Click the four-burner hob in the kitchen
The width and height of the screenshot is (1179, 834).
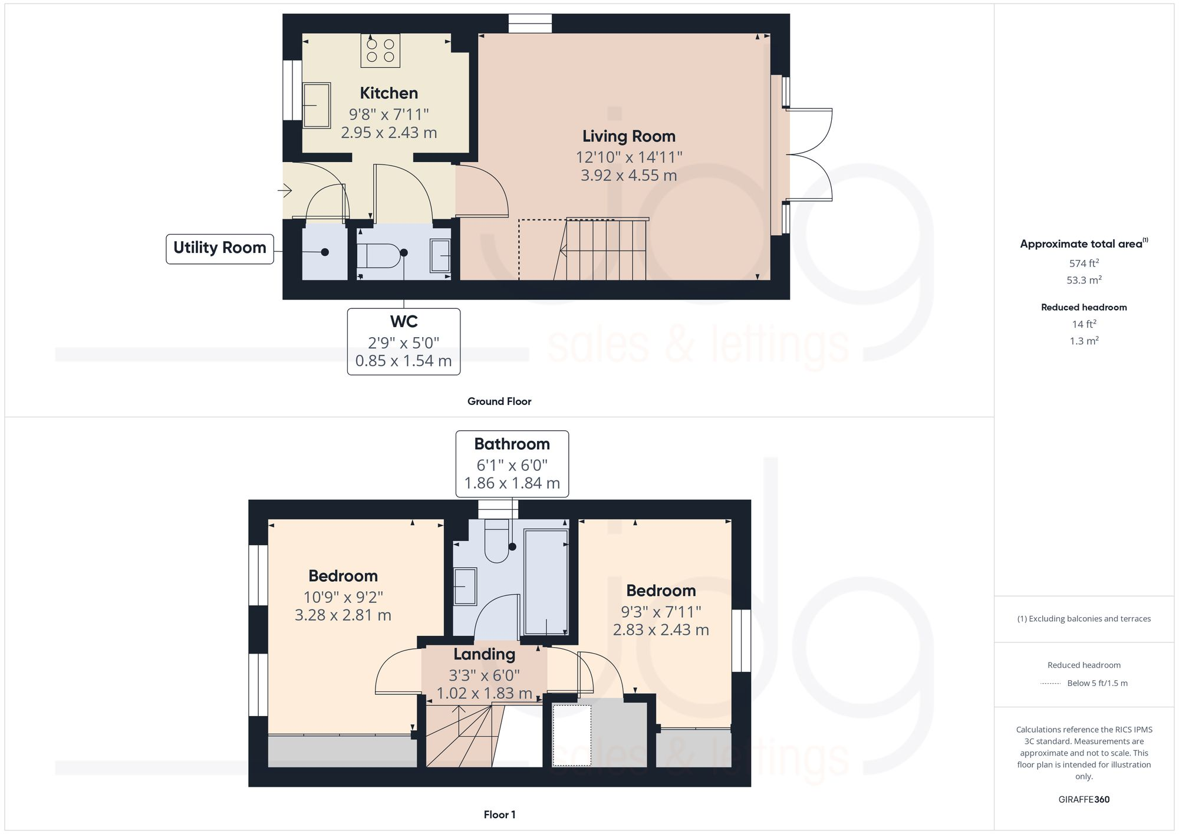[380, 50]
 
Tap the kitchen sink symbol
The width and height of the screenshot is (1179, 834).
[317, 106]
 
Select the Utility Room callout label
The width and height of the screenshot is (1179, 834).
[219, 248]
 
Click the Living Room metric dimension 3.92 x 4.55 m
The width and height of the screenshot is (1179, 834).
[628, 176]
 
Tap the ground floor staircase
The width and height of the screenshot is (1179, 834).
[604, 250]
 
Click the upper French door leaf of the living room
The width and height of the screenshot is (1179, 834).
[809, 131]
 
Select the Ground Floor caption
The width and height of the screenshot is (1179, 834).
[499, 401]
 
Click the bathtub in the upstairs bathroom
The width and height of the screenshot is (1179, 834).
[546, 581]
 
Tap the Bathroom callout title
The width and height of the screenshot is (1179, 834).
[512, 444]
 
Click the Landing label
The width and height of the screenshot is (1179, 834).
[484, 654]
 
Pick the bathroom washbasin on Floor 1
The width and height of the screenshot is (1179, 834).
[465, 586]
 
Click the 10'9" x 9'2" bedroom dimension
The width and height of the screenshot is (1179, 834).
[343, 597]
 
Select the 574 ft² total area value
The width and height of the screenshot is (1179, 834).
[1084, 263]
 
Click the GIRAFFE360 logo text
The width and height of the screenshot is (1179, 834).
[1084, 800]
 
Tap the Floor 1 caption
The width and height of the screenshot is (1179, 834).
[499, 815]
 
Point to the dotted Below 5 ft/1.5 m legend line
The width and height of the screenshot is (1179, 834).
[1050, 684]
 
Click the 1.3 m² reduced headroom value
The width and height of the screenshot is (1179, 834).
[1084, 341]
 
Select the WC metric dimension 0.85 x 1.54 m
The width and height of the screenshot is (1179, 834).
[403, 361]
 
